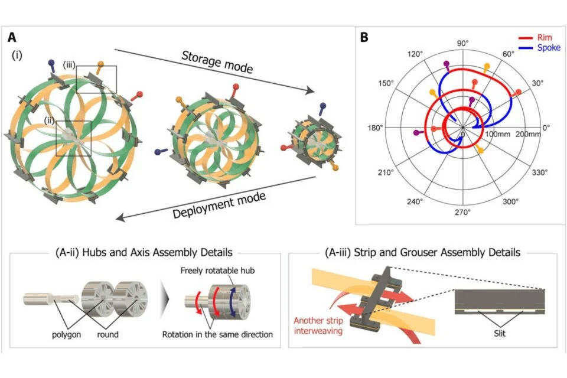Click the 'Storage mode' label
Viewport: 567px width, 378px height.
coord(217,63)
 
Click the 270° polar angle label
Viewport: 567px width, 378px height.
coord(462,212)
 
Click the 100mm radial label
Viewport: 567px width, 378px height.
coord(497,135)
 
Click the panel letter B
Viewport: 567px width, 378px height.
coord(364,38)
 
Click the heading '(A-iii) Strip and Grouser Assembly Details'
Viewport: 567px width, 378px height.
coord(422,253)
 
